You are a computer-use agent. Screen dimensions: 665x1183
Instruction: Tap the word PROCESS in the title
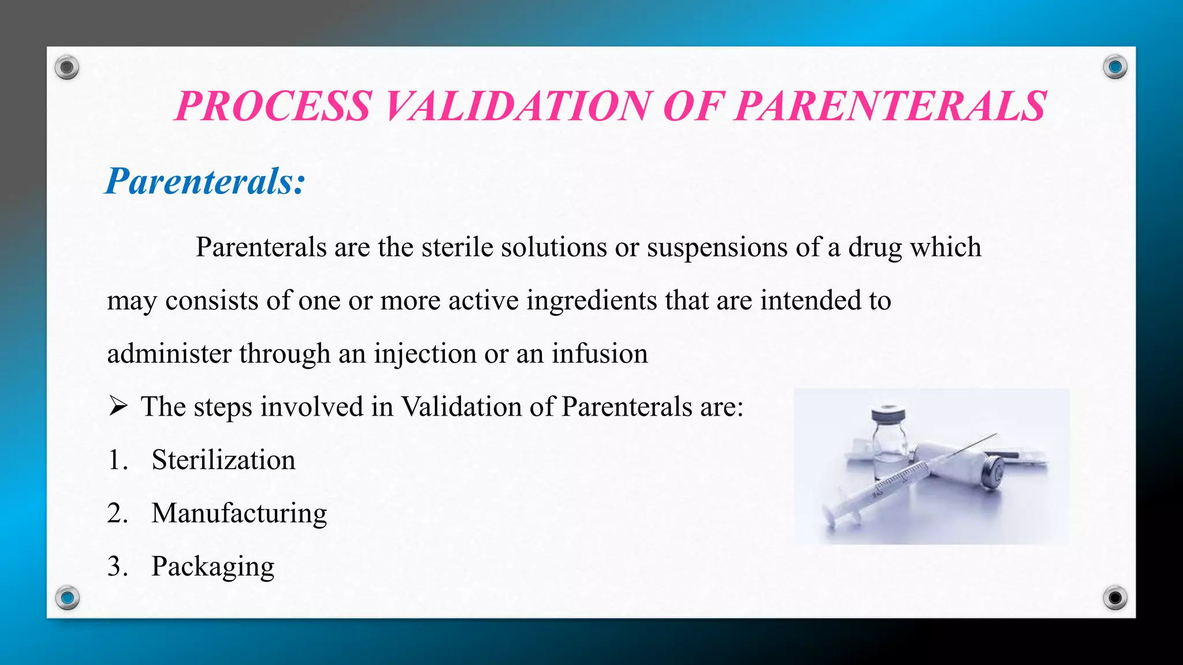[x=273, y=107]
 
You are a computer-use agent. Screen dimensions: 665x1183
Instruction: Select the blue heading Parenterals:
[x=205, y=181]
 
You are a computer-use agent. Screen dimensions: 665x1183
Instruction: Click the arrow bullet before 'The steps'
[x=118, y=406]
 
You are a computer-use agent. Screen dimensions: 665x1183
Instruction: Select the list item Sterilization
[x=223, y=460]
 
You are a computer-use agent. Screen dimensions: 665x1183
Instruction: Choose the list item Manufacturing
[x=239, y=513]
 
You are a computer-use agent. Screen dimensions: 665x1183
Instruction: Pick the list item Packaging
[x=213, y=567]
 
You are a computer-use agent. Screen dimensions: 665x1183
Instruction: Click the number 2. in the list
[x=117, y=513]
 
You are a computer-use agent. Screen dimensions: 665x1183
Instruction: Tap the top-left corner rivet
[x=67, y=68]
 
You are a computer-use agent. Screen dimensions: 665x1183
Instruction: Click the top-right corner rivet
[x=1115, y=68]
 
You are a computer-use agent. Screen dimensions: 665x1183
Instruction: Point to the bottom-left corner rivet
[x=67, y=597]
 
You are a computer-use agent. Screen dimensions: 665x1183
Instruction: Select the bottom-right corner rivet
[x=1115, y=597]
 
